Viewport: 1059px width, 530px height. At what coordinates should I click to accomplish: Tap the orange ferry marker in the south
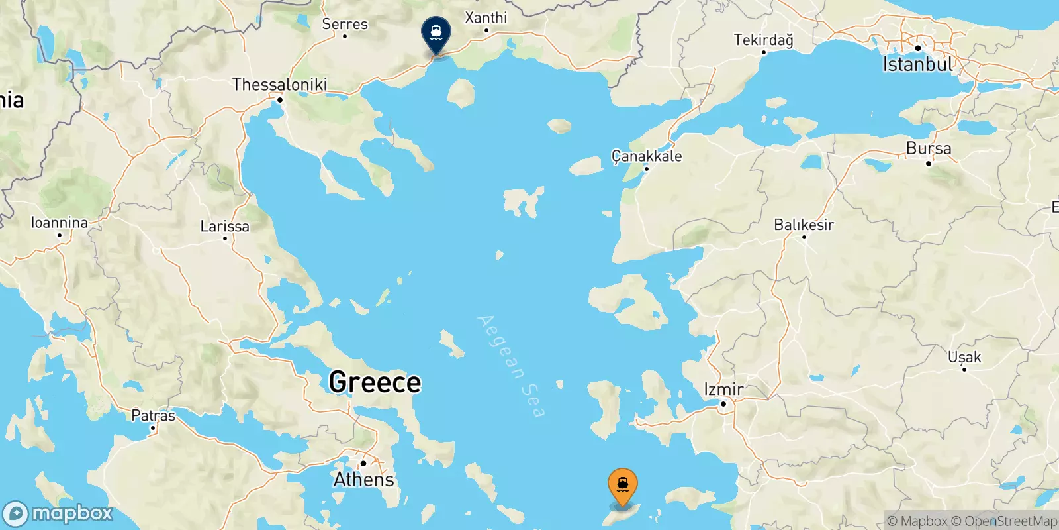click(622, 486)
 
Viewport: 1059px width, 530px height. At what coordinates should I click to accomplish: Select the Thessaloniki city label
click(279, 85)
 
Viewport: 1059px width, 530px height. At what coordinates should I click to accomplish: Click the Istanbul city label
click(918, 64)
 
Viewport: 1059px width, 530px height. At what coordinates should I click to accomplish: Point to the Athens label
click(363, 479)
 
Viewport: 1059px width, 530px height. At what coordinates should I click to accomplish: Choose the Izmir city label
click(723, 389)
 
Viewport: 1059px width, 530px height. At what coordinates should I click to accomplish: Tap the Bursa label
click(929, 148)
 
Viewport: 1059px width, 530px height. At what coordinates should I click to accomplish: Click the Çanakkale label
click(646, 156)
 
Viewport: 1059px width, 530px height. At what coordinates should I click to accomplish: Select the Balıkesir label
click(804, 225)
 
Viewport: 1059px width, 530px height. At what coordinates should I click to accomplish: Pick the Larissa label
click(225, 226)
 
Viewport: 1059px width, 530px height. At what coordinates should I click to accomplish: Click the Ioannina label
click(60, 223)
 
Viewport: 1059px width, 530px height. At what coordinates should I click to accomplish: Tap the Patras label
click(153, 415)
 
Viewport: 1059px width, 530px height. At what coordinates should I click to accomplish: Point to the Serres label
click(344, 24)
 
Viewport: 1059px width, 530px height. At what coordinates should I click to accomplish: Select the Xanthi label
click(486, 17)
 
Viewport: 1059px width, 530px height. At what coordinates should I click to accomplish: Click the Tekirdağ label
click(763, 40)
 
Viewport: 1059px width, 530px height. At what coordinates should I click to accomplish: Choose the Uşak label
click(964, 357)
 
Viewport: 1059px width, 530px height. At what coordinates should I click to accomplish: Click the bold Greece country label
click(375, 382)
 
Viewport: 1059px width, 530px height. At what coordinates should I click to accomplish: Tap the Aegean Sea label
click(511, 366)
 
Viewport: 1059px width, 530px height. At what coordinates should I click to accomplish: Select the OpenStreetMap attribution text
click(1011, 521)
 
